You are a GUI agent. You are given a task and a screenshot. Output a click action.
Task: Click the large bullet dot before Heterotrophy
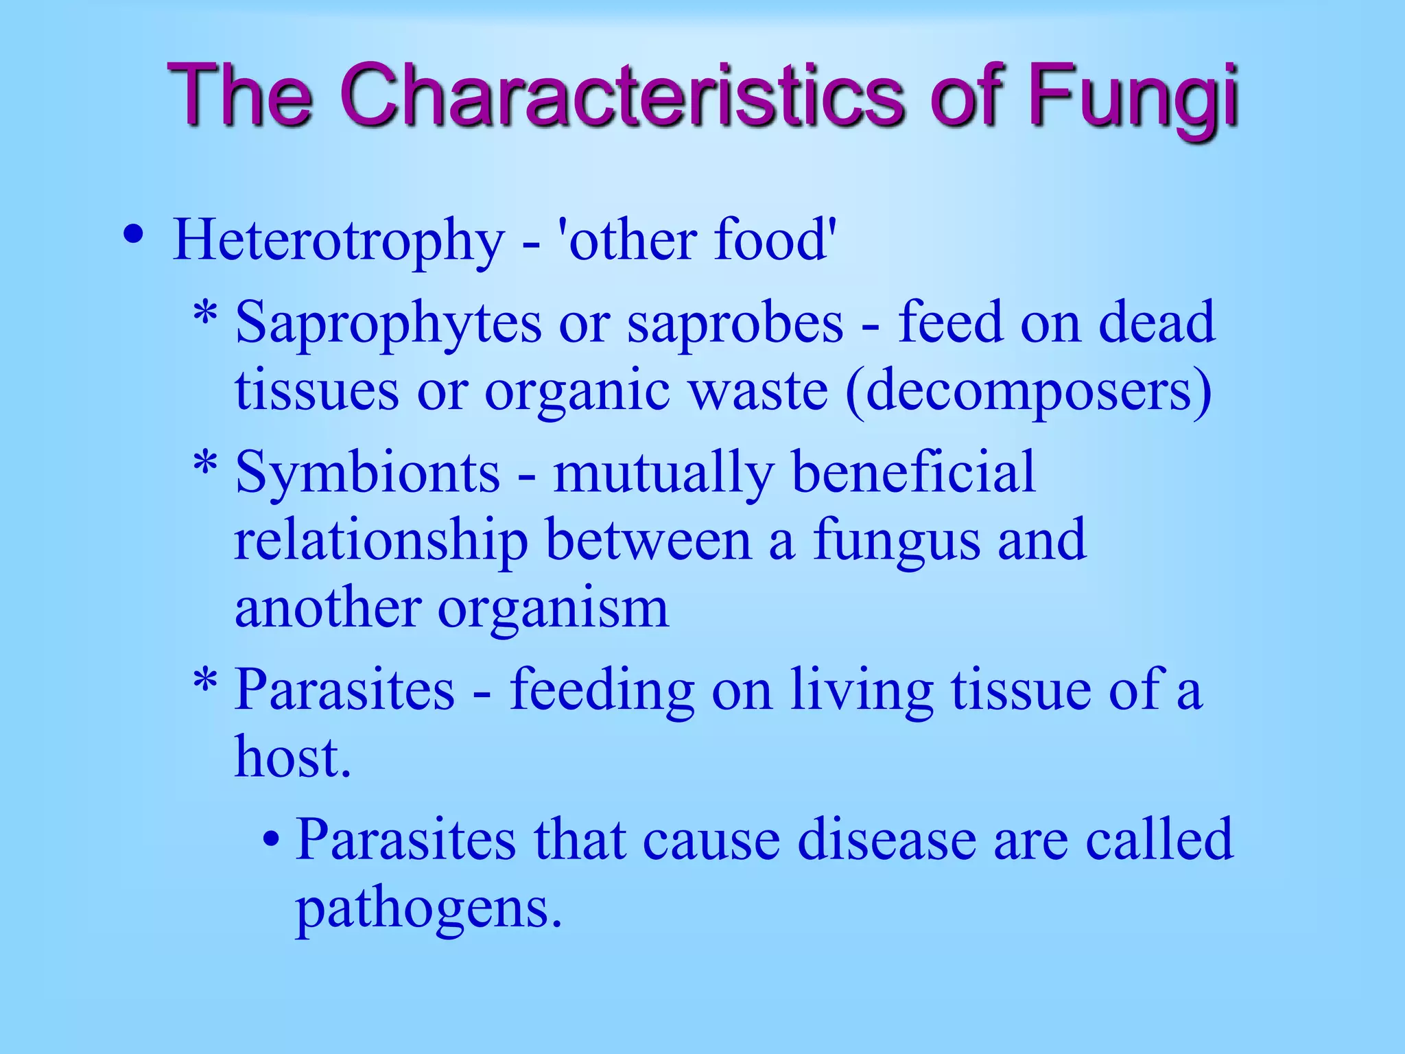(133, 235)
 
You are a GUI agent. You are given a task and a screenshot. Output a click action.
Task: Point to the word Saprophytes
(388, 323)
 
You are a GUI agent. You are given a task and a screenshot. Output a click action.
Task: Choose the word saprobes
(735, 323)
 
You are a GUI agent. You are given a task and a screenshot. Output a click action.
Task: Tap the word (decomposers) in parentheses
(1028, 392)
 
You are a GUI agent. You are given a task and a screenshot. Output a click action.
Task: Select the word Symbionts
(368, 472)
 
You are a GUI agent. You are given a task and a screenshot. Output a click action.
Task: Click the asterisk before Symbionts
(205, 467)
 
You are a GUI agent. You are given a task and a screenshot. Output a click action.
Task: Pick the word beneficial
(913, 472)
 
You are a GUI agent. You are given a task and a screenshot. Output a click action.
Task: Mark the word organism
(553, 609)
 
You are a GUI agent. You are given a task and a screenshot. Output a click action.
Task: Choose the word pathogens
(429, 909)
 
